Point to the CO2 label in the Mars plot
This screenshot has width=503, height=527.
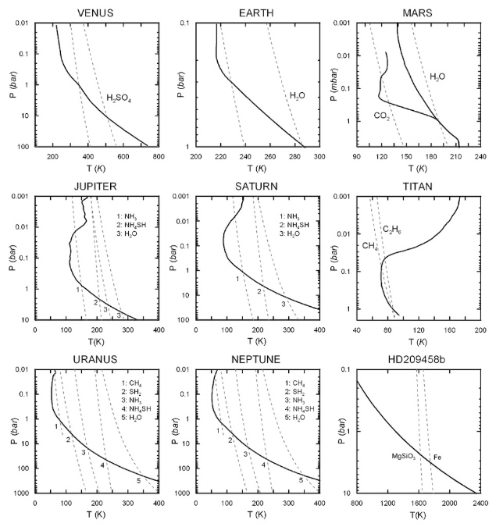381,116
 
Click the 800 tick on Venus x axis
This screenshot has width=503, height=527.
158,156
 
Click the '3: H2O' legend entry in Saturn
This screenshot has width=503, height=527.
294,233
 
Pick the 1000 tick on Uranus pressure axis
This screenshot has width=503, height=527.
23,493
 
